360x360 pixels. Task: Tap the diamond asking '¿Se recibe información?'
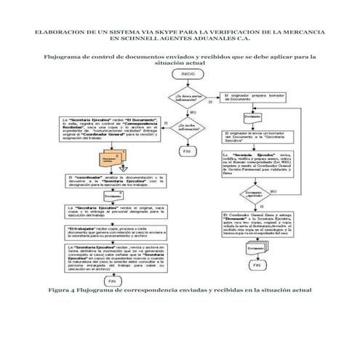coord(187,127)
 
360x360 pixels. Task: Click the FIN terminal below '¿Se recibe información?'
coord(187,151)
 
